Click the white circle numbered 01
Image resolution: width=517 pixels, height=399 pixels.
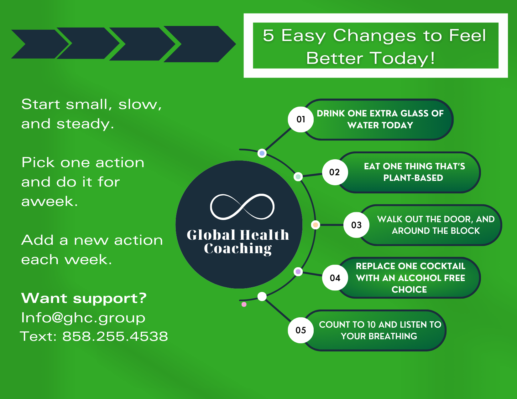click(300, 119)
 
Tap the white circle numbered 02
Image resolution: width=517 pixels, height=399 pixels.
click(335, 172)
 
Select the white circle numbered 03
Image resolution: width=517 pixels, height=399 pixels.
click(356, 225)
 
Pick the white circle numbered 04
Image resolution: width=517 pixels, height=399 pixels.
click(335, 278)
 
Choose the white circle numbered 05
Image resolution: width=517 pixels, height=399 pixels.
click(300, 330)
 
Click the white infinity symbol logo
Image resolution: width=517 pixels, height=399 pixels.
click(242, 207)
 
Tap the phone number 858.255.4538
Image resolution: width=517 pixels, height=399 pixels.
click(115, 336)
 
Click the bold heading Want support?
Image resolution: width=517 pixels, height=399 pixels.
click(84, 299)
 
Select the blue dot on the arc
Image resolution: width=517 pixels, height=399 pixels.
click(262, 153)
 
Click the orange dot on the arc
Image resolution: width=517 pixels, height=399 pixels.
click(316, 225)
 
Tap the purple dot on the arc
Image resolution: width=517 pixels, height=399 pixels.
click(298, 272)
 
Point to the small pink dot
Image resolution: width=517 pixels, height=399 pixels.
click(244, 304)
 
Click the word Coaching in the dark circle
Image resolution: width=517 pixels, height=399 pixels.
click(238, 249)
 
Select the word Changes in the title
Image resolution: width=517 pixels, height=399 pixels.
click(374, 35)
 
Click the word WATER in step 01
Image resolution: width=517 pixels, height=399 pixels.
click(362, 125)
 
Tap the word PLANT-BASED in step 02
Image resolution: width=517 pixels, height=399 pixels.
click(413, 178)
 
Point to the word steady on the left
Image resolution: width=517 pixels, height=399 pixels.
click(85, 124)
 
